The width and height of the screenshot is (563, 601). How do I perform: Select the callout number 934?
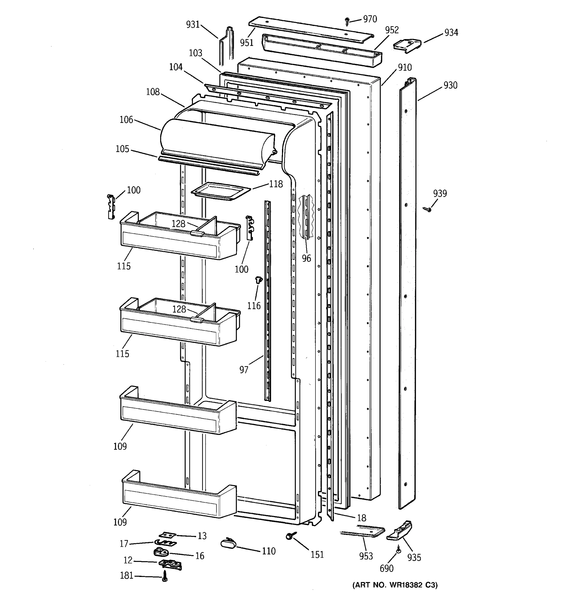(x=451, y=32)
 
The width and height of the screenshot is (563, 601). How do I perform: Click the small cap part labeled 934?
(x=407, y=45)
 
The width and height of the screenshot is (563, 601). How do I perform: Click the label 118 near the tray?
(x=276, y=184)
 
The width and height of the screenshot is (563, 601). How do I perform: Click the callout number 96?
(x=306, y=258)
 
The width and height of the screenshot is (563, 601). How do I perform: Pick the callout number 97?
(x=244, y=369)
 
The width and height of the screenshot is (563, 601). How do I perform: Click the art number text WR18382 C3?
(x=395, y=585)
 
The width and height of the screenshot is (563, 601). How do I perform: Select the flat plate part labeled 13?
(x=167, y=535)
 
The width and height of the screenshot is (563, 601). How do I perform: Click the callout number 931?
(x=193, y=24)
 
